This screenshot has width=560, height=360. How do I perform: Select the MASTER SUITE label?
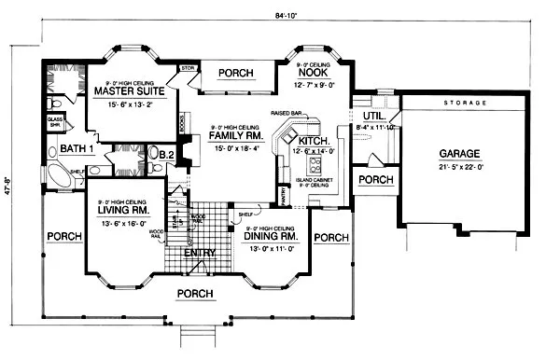pos(130,90)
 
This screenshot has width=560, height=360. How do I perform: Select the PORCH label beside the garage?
pos(375,179)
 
